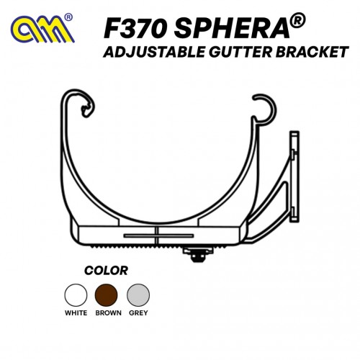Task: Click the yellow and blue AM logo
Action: pyautogui.click(x=42, y=30)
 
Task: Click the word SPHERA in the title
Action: pyautogui.click(x=232, y=29)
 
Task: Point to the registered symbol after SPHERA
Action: pyautogui.click(x=298, y=21)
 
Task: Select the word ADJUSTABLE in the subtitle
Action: pyautogui.click(x=154, y=52)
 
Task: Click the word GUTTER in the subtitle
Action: pyautogui.click(x=240, y=52)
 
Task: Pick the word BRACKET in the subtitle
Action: pyautogui.click(x=312, y=52)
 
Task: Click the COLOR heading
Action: pyautogui.click(x=106, y=271)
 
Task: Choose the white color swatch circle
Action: pyautogui.click(x=76, y=295)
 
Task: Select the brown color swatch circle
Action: pyautogui.click(x=107, y=295)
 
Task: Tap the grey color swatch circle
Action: pyautogui.click(x=138, y=295)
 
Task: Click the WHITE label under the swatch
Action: pyautogui.click(x=76, y=313)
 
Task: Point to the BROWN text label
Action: pyautogui.click(x=108, y=313)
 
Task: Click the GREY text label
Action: pyautogui.click(x=138, y=313)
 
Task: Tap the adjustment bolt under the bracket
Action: pyautogui.click(x=198, y=255)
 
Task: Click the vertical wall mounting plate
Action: pyautogui.click(x=294, y=176)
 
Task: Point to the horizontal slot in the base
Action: pyautogui.click(x=158, y=235)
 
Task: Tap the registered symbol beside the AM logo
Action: pyautogui.click(x=68, y=18)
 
